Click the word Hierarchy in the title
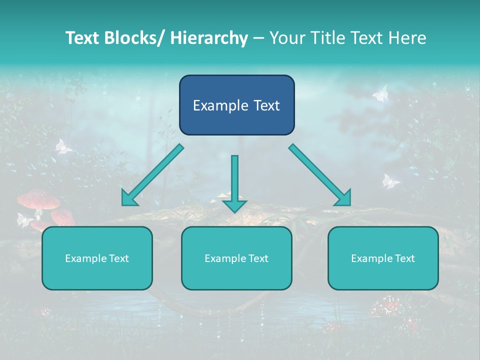(209, 38)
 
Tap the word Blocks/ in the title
(135, 38)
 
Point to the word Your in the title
(286, 38)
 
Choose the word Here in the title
(407, 38)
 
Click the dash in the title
(258, 38)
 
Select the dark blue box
(236, 105)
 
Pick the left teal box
(97, 258)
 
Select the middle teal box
(236, 258)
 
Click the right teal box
(383, 258)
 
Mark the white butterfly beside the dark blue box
(381, 93)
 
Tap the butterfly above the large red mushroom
(62, 146)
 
